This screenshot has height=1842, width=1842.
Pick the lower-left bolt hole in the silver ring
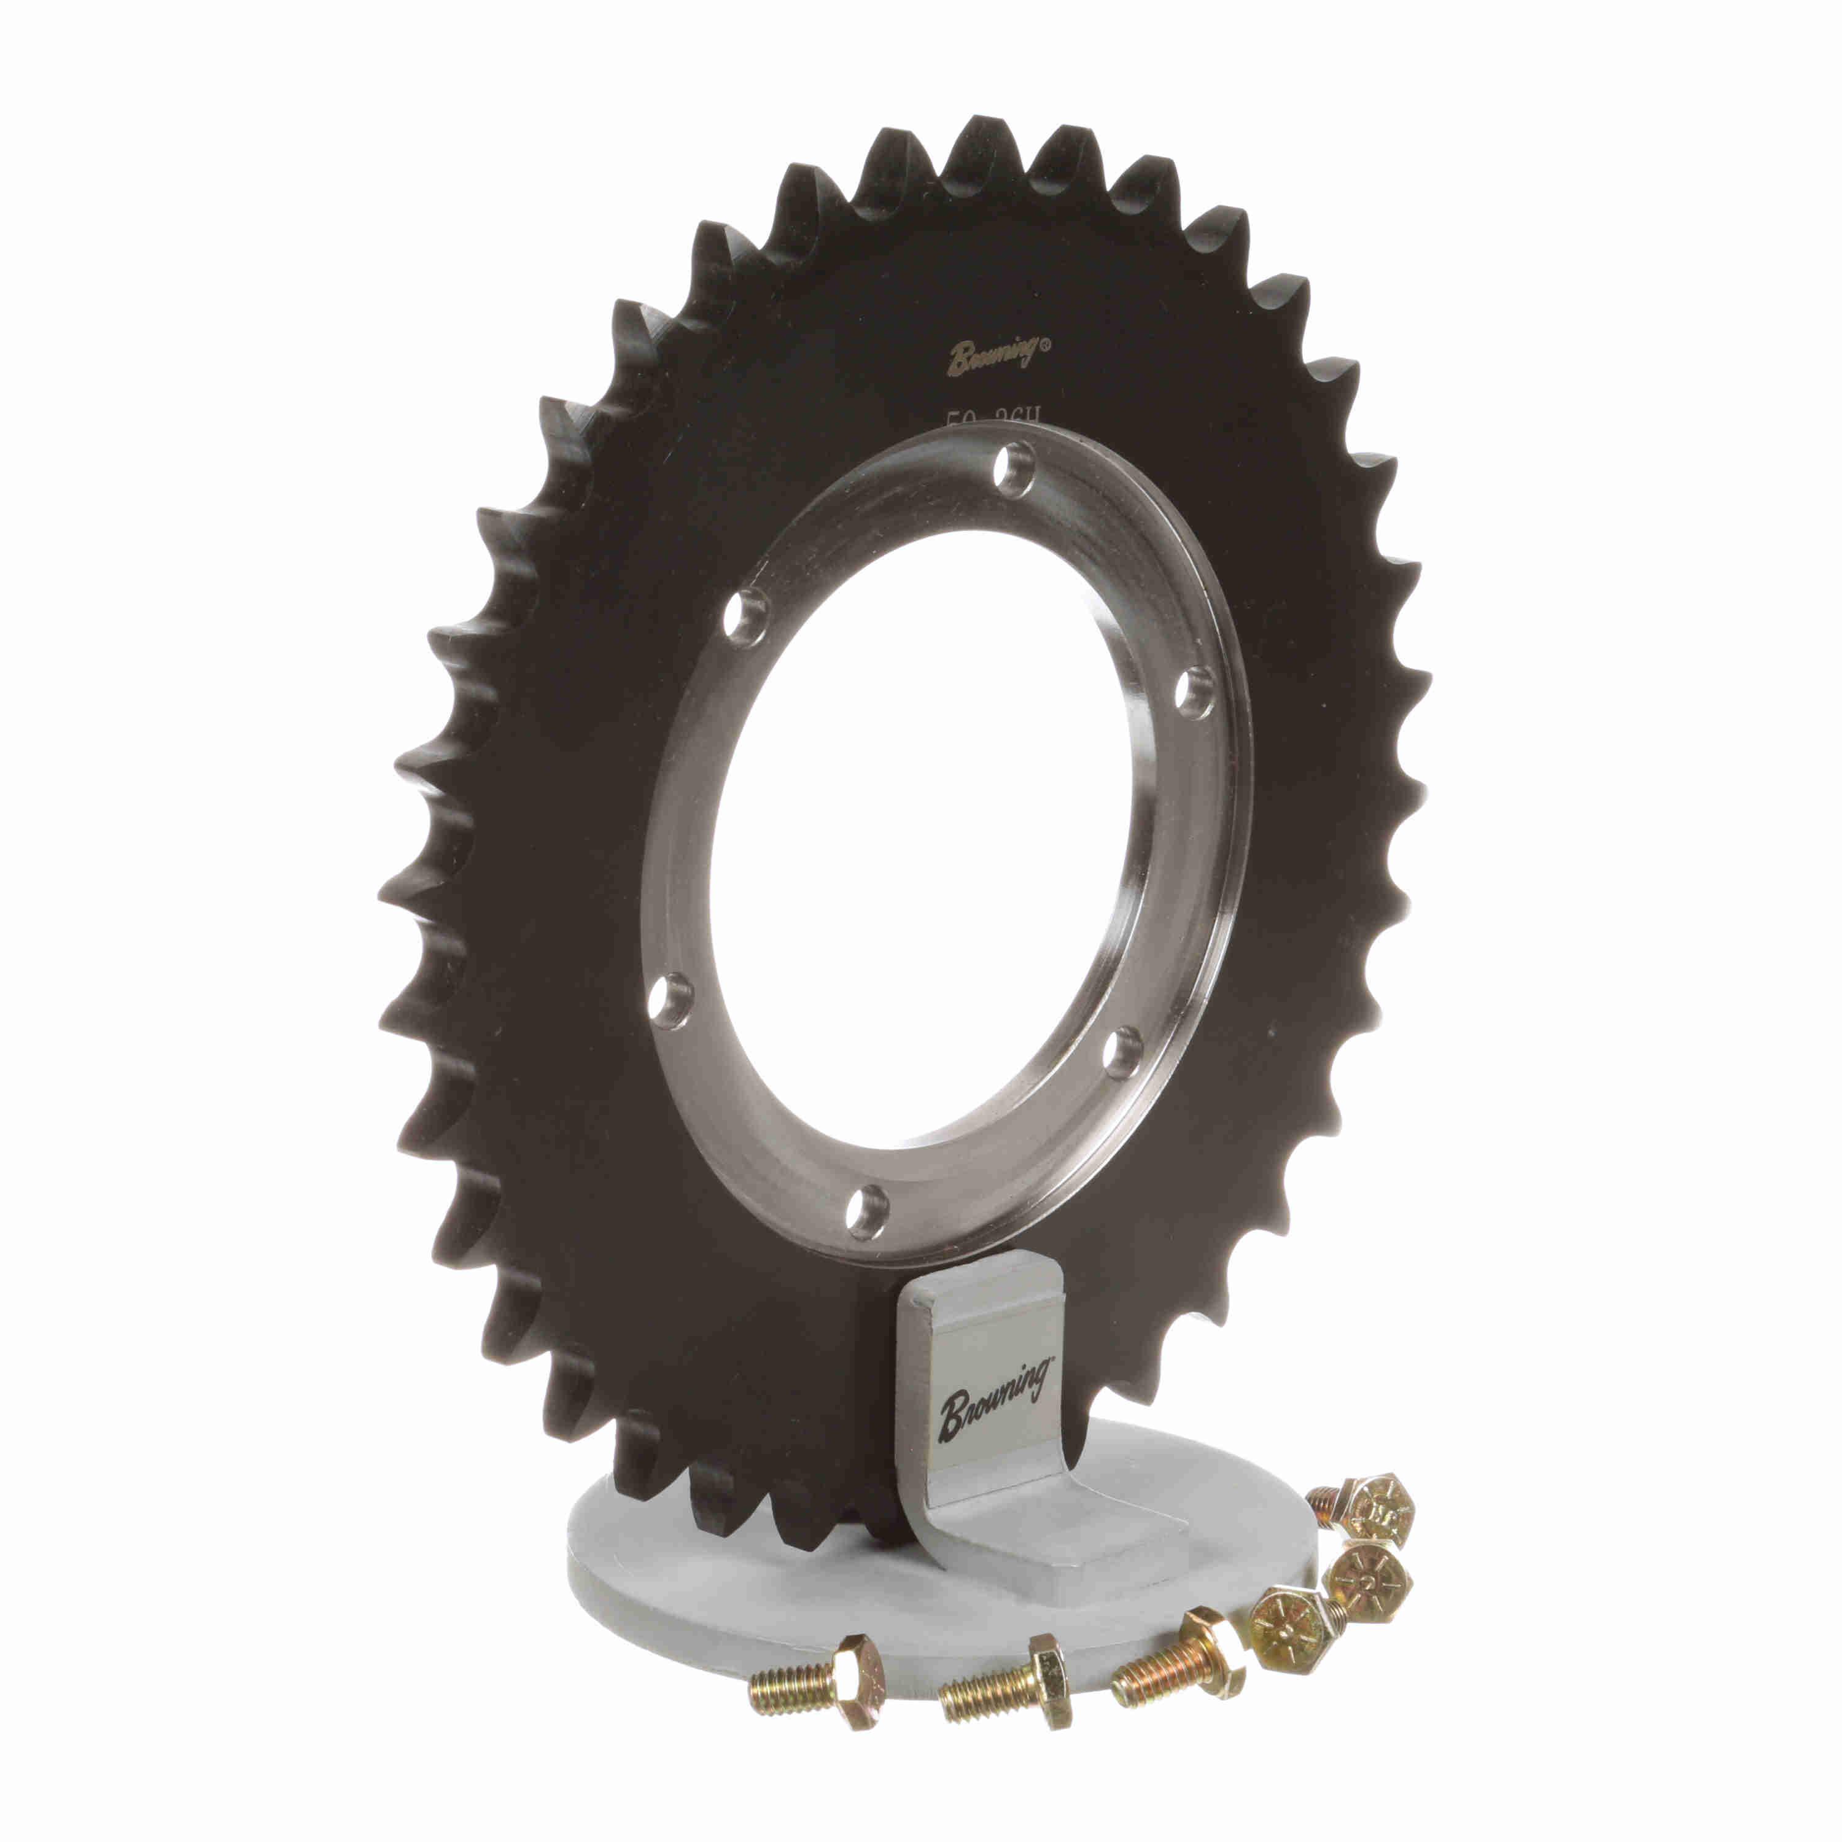coord(671,999)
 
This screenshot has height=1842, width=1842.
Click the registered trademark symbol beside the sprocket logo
coord(1045,349)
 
